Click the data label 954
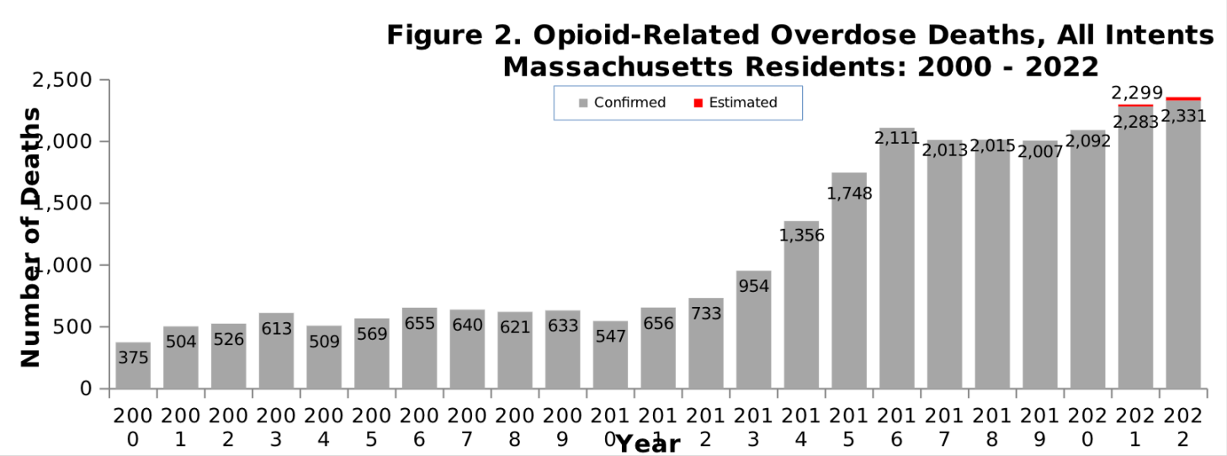[754, 286]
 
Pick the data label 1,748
[849, 194]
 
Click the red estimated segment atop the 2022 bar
[1183, 98]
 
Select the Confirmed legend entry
[622, 103]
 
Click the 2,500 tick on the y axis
[61, 80]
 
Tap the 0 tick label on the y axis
[85, 389]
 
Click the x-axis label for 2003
[276, 427]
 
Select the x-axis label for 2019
[1040, 427]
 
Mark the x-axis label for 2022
[1183, 427]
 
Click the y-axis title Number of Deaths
[30, 237]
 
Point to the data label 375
[133, 358]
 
